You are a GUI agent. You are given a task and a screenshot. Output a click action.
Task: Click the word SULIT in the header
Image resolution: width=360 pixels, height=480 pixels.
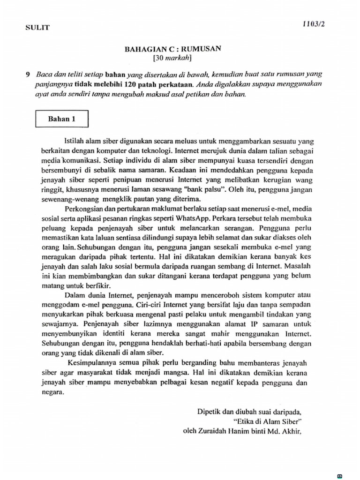click(x=37, y=28)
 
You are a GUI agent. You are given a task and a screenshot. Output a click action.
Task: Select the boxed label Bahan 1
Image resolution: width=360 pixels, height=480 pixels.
click(x=61, y=119)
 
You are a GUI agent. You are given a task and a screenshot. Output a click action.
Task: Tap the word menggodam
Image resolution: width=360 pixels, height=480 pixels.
click(x=58, y=305)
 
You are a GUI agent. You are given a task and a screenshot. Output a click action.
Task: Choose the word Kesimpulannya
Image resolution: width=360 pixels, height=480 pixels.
click(x=93, y=363)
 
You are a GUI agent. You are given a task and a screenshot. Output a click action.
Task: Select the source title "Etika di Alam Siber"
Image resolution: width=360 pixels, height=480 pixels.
click(x=267, y=421)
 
